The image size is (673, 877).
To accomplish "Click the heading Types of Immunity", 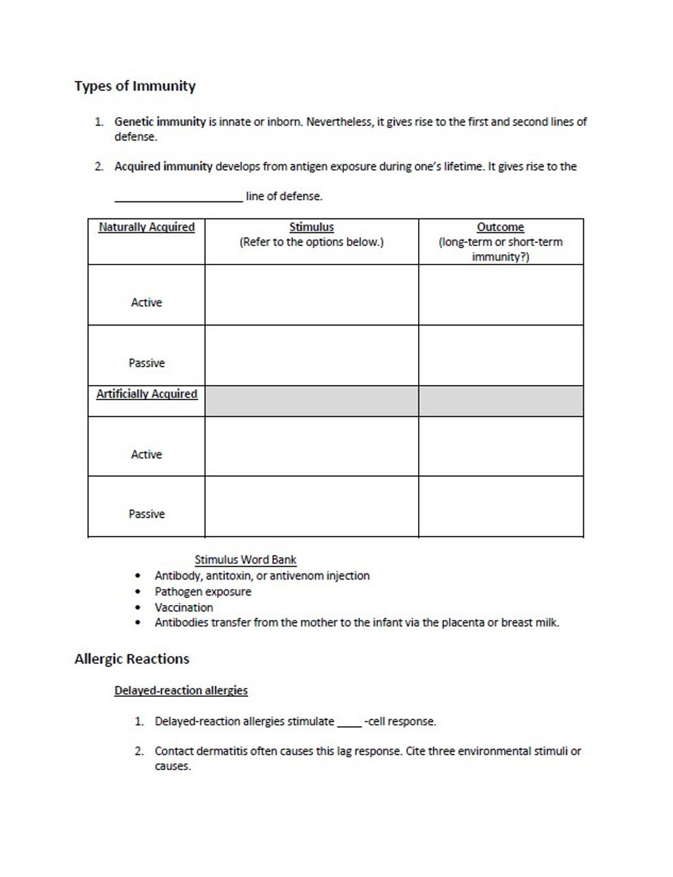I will click(135, 86).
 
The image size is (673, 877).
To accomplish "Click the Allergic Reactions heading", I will click(132, 659).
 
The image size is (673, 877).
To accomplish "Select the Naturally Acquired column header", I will click(146, 227).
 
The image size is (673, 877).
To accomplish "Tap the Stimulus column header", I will click(311, 227).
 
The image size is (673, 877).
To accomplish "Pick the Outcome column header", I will click(500, 227).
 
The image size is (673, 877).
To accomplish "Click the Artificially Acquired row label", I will click(146, 394).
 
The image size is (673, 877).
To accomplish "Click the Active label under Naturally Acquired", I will click(146, 302).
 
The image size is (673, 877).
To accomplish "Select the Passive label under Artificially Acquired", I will click(146, 514).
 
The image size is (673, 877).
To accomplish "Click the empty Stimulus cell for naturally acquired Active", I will click(311, 295).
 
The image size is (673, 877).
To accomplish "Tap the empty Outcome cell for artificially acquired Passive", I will click(500, 506).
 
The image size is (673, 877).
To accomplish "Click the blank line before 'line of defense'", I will click(178, 197).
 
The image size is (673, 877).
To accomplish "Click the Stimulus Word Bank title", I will click(245, 560).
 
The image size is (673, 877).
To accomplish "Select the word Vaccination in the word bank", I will click(184, 608).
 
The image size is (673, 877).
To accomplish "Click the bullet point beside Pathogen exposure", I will click(139, 592).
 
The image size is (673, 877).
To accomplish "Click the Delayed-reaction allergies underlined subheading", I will click(181, 691).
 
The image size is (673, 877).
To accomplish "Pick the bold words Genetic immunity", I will click(160, 122).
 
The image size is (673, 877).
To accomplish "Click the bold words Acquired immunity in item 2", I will click(163, 166).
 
